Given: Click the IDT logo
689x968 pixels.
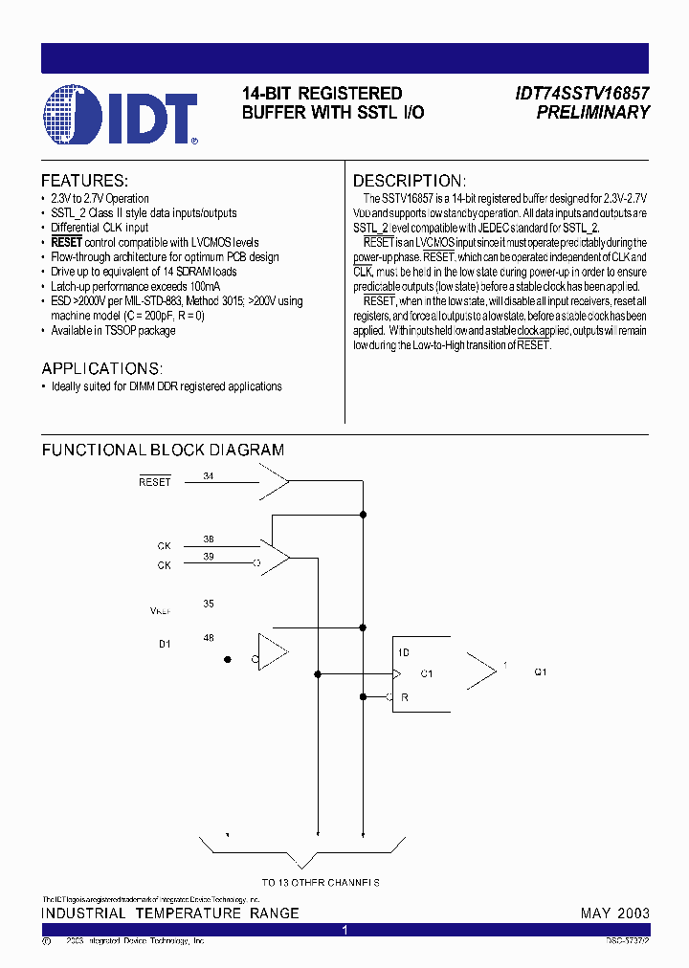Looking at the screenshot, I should click(121, 115).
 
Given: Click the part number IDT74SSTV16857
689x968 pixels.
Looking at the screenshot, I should click(583, 94).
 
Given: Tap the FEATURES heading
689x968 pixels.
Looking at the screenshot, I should click(84, 181).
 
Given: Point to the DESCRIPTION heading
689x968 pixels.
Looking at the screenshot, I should click(410, 181).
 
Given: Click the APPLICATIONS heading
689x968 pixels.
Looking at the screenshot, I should click(102, 368).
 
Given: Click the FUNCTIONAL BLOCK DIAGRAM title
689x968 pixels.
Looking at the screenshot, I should click(163, 450).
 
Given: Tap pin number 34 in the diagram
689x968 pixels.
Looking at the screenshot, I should click(209, 474).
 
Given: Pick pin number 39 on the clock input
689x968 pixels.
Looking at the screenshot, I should click(209, 556).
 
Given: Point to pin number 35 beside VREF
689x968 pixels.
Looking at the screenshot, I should click(209, 604).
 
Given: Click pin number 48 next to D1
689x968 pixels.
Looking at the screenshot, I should click(209, 637).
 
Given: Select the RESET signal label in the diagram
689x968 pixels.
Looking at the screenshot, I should click(155, 482).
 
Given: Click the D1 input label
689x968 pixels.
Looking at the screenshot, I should click(165, 644).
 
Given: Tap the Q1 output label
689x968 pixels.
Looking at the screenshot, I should click(541, 672).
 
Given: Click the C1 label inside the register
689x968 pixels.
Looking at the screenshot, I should click(427, 673).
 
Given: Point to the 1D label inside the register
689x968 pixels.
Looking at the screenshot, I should click(404, 652).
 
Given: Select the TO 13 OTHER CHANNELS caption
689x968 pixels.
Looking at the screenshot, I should click(321, 883).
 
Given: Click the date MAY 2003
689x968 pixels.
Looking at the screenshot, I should click(614, 913).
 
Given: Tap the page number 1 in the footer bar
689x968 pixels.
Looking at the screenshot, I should click(345, 930).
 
